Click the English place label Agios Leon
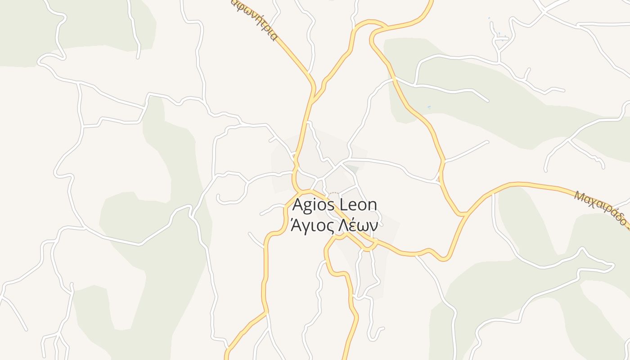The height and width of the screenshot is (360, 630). tap(334, 205)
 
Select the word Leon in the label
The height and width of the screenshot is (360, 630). tap(358, 205)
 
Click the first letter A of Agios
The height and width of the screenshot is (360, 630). tap(298, 205)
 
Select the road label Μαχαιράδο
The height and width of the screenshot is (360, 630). tap(600, 207)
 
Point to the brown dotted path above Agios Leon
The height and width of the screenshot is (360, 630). tap(333, 193)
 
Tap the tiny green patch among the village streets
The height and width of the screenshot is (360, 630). tap(352, 169)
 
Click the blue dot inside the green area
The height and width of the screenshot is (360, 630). tap(429, 107)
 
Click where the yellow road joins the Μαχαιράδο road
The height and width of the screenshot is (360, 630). tap(465, 214)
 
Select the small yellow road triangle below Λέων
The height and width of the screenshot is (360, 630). tap(370, 246)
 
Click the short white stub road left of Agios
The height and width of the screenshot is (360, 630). tap(256, 239)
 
